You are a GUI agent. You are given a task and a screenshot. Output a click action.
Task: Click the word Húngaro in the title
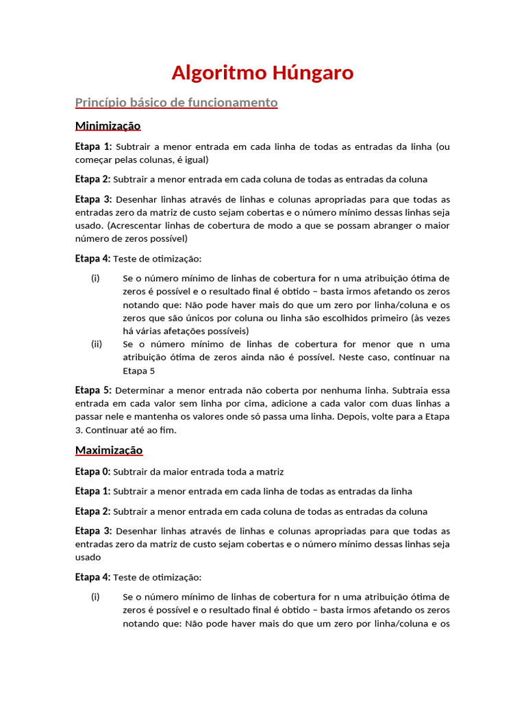click(313, 73)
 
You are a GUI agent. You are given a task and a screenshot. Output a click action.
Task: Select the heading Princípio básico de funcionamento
click(176, 103)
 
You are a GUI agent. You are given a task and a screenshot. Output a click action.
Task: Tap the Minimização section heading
click(108, 126)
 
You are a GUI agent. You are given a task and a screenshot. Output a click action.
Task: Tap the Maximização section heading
click(108, 450)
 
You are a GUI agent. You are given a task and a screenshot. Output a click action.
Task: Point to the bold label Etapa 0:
click(92, 472)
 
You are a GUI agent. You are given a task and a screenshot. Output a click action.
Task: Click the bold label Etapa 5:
click(92, 390)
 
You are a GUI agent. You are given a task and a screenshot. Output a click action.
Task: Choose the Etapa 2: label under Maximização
click(92, 511)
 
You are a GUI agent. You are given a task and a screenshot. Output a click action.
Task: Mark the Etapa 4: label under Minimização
click(92, 259)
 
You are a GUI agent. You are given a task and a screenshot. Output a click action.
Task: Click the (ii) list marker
click(97, 344)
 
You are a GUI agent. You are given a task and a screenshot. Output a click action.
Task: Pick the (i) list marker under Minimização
click(95, 279)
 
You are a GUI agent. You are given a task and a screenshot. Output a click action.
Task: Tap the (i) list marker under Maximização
click(95, 597)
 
